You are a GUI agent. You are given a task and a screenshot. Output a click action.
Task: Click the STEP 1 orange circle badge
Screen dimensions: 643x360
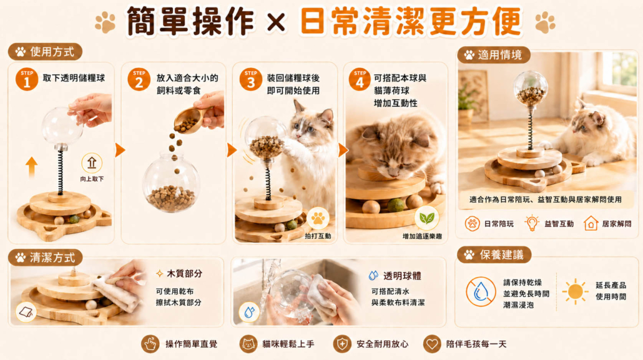[27, 79]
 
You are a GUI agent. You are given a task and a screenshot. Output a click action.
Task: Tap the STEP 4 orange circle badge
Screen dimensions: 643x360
[360, 79]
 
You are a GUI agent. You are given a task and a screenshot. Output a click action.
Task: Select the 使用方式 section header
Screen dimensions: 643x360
[45, 52]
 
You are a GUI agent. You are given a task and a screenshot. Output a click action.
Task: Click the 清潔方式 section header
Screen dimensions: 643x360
[45, 258]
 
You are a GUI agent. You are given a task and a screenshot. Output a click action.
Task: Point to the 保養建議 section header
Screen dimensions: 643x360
[494, 255]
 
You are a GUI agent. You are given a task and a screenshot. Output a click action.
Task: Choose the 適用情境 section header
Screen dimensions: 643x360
[493, 54]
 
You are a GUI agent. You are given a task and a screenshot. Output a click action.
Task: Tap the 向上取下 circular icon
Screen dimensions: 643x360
[91, 163]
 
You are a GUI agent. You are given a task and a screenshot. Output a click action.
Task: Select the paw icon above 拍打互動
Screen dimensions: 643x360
[318, 218]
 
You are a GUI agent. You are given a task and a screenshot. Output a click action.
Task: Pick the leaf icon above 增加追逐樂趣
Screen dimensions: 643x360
[426, 218]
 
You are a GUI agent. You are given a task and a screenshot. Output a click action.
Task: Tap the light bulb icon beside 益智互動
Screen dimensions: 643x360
[532, 223]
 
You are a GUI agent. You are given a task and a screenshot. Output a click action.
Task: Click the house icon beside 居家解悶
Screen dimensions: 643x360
[591, 223]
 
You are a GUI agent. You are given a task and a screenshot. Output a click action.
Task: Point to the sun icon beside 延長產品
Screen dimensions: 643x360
[575, 291]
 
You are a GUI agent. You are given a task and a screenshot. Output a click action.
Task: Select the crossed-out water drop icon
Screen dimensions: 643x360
[481, 292]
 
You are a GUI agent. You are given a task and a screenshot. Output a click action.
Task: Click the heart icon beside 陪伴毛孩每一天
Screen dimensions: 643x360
[432, 344]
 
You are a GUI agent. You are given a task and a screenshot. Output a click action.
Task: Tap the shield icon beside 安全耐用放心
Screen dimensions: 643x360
[342, 344]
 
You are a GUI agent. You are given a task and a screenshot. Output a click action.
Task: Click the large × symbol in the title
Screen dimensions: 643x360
[276, 22]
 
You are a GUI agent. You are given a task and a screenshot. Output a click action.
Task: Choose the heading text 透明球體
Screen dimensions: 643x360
[402, 276]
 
